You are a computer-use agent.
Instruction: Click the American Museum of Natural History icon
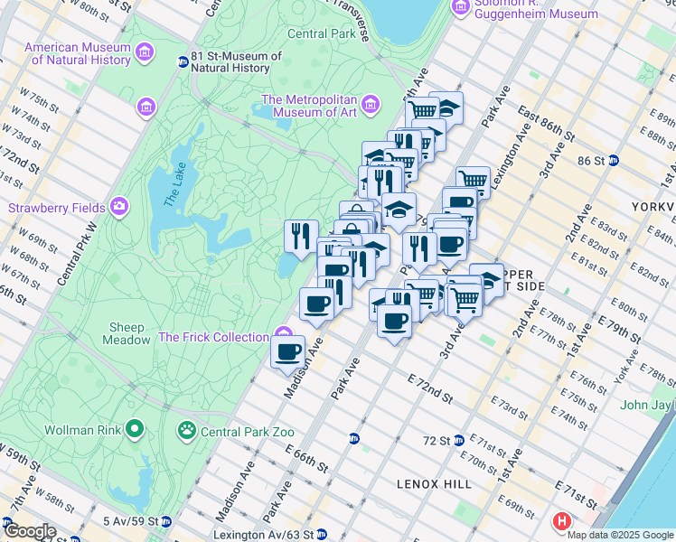(144, 55)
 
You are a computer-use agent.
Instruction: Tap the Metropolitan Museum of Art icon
(370, 107)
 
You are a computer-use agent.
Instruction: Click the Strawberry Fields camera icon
(119, 208)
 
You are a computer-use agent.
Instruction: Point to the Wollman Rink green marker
(135, 428)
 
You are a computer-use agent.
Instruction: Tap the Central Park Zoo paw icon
(187, 429)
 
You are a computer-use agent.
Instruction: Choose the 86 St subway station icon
(614, 161)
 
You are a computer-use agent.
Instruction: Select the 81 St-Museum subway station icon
(183, 61)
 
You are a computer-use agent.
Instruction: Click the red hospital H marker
(562, 521)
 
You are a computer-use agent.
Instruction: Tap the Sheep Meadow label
(130, 333)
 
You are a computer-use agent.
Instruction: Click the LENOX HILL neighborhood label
(434, 484)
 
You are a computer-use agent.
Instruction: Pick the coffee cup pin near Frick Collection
(288, 350)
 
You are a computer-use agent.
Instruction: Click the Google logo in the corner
(30, 531)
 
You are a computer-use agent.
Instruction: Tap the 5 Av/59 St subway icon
(166, 521)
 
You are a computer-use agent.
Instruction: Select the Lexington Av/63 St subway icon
(320, 535)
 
